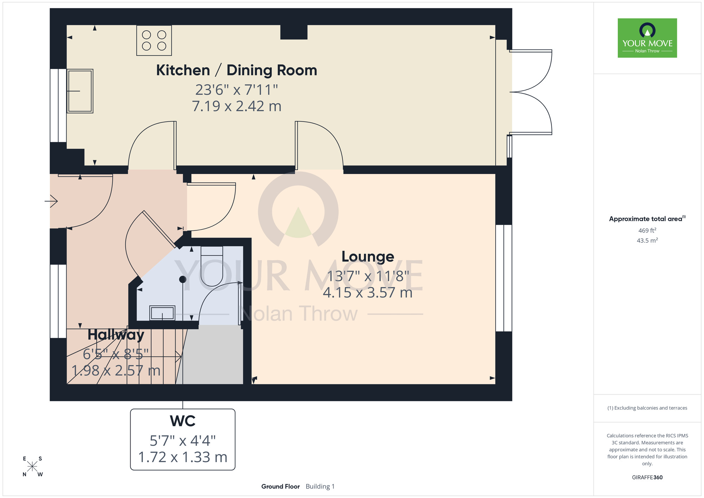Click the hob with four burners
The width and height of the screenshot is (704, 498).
[x=154, y=40]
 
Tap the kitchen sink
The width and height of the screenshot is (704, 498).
[x=80, y=91]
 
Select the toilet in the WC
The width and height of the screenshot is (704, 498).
[x=212, y=266]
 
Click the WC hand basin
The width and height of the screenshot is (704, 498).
[x=162, y=313]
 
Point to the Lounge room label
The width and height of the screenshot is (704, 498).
[x=368, y=257]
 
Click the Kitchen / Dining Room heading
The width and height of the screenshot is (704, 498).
[x=237, y=70]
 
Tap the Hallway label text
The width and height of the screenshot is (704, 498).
[x=116, y=335]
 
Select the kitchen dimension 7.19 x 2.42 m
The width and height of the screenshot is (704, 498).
[x=237, y=106]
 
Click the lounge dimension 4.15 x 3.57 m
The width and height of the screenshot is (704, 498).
[x=367, y=293]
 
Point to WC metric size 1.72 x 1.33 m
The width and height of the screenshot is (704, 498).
[x=183, y=457]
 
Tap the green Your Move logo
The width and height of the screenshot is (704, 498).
[x=647, y=38]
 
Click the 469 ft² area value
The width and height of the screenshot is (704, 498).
[x=647, y=230]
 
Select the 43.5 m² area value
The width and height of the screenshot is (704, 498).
[x=647, y=241]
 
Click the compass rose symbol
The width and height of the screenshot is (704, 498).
[x=32, y=467]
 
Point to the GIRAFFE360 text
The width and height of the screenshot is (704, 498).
[x=647, y=478]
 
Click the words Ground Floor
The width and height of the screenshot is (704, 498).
[x=281, y=486]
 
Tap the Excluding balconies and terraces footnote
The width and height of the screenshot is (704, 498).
[x=647, y=408]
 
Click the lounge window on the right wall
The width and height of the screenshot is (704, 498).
[x=504, y=278]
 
